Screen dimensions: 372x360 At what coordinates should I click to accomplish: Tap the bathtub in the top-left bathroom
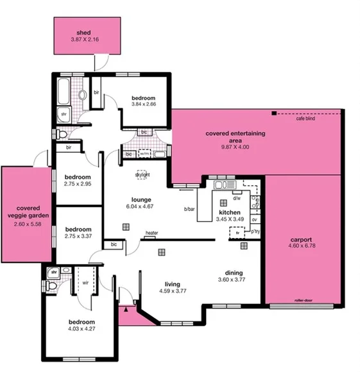pyautogui.click(x=64, y=94)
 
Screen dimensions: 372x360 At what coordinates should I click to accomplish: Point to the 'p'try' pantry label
pyautogui.click(x=255, y=230)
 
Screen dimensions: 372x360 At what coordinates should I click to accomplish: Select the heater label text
pyautogui.click(x=151, y=233)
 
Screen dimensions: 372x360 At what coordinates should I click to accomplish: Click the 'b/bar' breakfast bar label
pyautogui.click(x=189, y=209)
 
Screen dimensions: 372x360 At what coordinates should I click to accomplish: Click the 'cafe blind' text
pyautogui.click(x=305, y=119)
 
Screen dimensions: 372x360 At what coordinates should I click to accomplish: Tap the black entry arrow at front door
pyautogui.click(x=126, y=310)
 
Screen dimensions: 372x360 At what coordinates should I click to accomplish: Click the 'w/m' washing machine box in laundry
pyautogui.click(x=144, y=154)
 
